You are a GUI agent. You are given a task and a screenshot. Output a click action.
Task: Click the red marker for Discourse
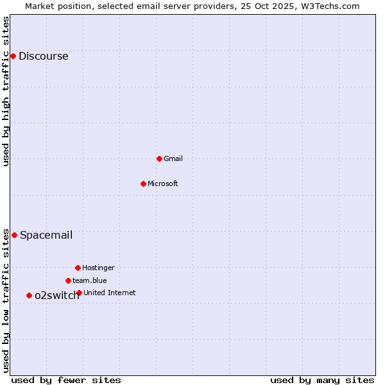click(x=13, y=56)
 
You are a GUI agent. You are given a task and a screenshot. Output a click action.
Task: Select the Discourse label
click(x=43, y=56)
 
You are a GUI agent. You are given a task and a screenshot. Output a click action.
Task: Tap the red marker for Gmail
click(x=159, y=158)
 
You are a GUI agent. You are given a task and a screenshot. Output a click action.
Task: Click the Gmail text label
click(x=173, y=158)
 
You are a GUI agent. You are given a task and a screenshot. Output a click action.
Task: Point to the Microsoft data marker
click(x=143, y=184)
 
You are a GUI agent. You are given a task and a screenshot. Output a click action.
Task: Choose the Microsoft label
click(x=163, y=184)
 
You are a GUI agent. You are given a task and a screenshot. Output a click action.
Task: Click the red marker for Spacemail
click(x=14, y=235)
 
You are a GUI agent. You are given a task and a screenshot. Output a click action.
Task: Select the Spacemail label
click(x=46, y=235)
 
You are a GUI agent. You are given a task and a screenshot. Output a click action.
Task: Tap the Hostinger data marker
click(x=78, y=268)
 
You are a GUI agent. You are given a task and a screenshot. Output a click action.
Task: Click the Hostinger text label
click(x=98, y=268)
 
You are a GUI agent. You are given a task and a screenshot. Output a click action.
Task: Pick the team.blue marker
click(x=68, y=280)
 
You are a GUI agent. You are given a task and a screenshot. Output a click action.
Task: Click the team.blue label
click(x=90, y=280)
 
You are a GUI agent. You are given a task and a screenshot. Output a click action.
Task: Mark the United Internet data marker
click(x=79, y=293)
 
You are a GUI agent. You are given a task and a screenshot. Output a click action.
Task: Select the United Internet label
click(x=109, y=293)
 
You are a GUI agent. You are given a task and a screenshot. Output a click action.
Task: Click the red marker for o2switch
click(x=29, y=295)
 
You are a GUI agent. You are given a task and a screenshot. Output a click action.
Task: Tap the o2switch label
click(x=56, y=295)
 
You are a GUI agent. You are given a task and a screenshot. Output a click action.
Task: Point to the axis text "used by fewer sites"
click(x=66, y=380)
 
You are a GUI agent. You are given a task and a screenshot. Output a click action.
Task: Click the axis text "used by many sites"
click(x=322, y=380)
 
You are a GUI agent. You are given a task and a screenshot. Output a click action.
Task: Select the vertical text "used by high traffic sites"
click(x=6, y=91)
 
